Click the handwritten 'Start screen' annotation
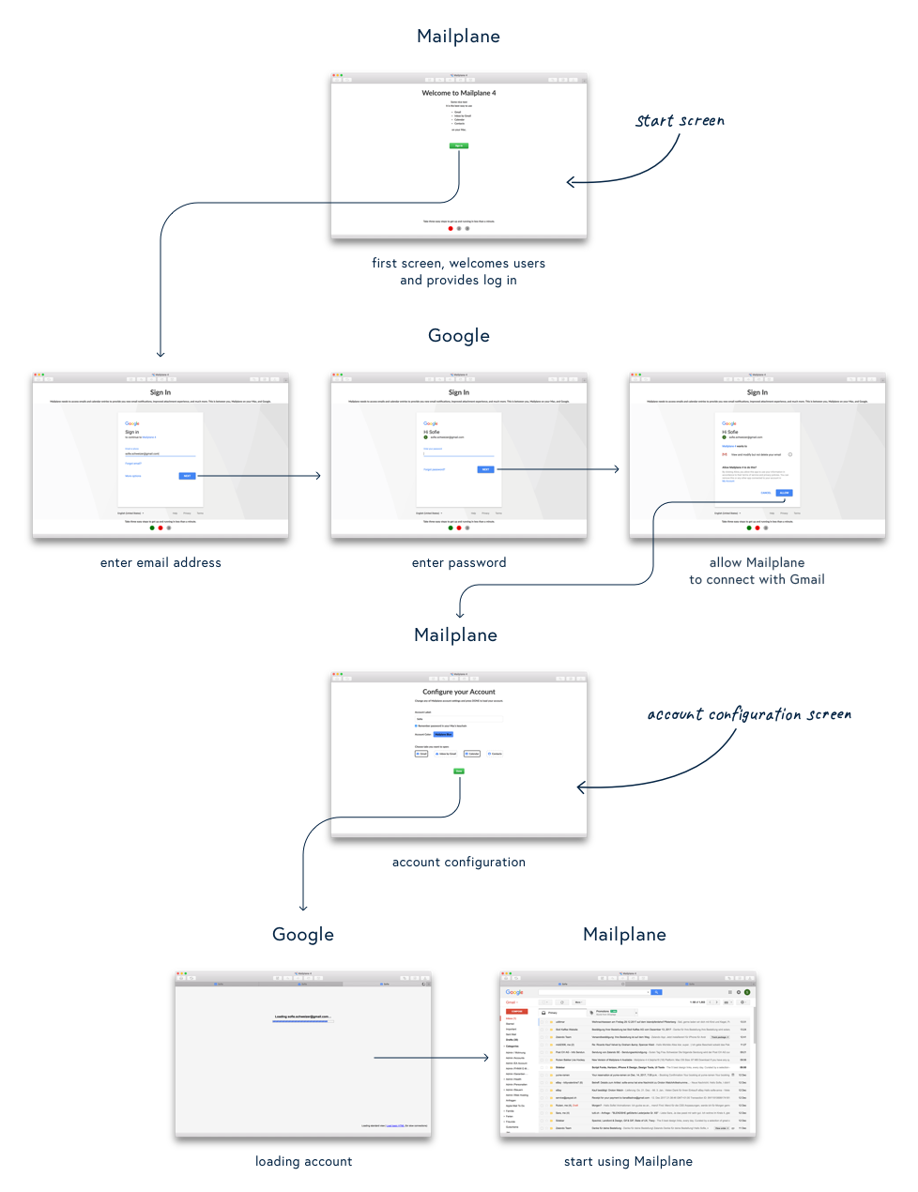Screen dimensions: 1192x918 (x=681, y=121)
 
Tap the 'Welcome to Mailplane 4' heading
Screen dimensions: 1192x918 (x=459, y=93)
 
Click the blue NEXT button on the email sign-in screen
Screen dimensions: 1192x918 (x=188, y=476)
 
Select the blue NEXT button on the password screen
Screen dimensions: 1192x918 (x=485, y=469)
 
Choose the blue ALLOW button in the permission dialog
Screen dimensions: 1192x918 (x=784, y=493)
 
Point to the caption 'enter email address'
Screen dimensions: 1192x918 (x=161, y=563)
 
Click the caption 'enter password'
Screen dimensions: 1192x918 (x=459, y=563)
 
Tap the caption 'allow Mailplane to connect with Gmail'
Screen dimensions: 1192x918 (x=757, y=572)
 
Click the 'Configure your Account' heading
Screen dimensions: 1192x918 (x=459, y=692)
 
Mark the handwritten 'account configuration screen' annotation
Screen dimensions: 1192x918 (x=749, y=715)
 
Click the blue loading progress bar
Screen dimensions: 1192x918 (x=302, y=1021)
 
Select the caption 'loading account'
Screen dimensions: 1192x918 (x=304, y=1162)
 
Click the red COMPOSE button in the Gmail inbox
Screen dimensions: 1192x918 (x=516, y=1012)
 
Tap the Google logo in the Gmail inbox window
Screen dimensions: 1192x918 (x=514, y=992)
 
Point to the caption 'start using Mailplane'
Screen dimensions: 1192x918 (x=628, y=1162)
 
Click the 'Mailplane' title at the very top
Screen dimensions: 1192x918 (x=459, y=37)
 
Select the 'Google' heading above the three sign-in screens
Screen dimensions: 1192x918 (x=459, y=336)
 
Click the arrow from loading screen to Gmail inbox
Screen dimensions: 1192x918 (x=432, y=1058)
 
